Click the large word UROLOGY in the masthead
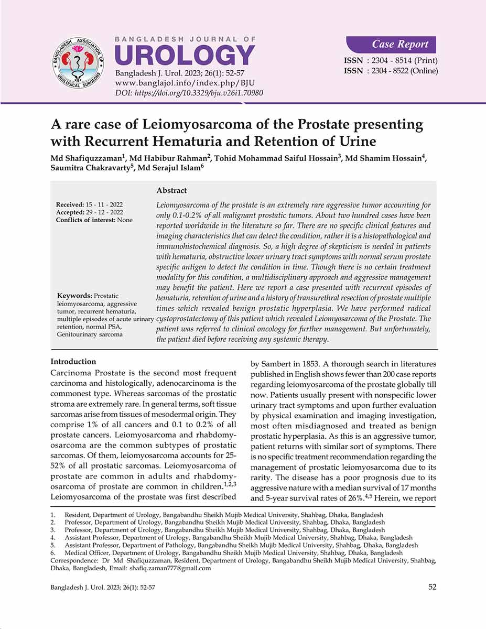point(185,56)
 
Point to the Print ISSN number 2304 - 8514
point(404,60)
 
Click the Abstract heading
point(171,191)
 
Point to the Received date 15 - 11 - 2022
point(105,204)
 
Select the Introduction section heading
point(73,362)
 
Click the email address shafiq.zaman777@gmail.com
point(169,568)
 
